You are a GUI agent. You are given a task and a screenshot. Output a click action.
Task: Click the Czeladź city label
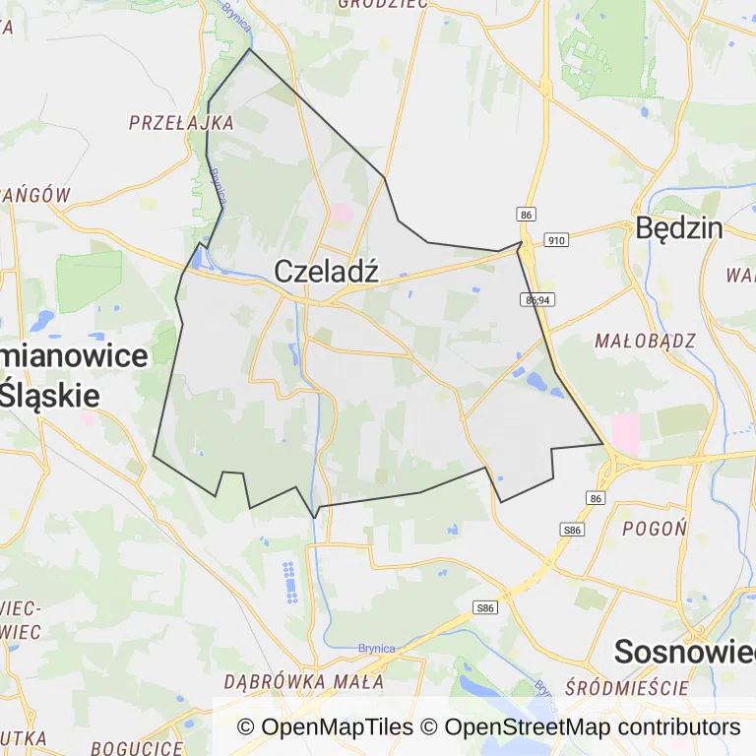(x=326, y=272)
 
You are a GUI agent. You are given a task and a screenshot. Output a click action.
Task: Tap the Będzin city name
(x=679, y=228)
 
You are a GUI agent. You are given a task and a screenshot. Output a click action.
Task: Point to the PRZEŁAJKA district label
(x=181, y=123)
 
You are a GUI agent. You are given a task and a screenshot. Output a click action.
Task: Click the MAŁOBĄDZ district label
(x=645, y=341)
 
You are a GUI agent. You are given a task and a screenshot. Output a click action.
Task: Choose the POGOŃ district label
(x=655, y=528)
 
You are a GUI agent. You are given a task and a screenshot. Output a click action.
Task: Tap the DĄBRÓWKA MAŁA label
(x=303, y=681)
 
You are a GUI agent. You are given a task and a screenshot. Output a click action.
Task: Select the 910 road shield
(x=556, y=239)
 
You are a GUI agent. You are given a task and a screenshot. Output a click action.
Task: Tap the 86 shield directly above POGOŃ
(x=596, y=499)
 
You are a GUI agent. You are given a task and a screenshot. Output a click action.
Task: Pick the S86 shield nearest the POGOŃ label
(x=573, y=530)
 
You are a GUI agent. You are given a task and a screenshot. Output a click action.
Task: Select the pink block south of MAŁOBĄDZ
(x=625, y=433)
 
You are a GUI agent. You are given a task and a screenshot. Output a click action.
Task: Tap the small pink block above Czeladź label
(x=341, y=212)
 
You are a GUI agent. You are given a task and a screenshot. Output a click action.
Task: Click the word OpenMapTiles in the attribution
(x=337, y=727)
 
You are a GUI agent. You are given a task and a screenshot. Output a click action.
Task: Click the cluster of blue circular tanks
(x=289, y=583)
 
